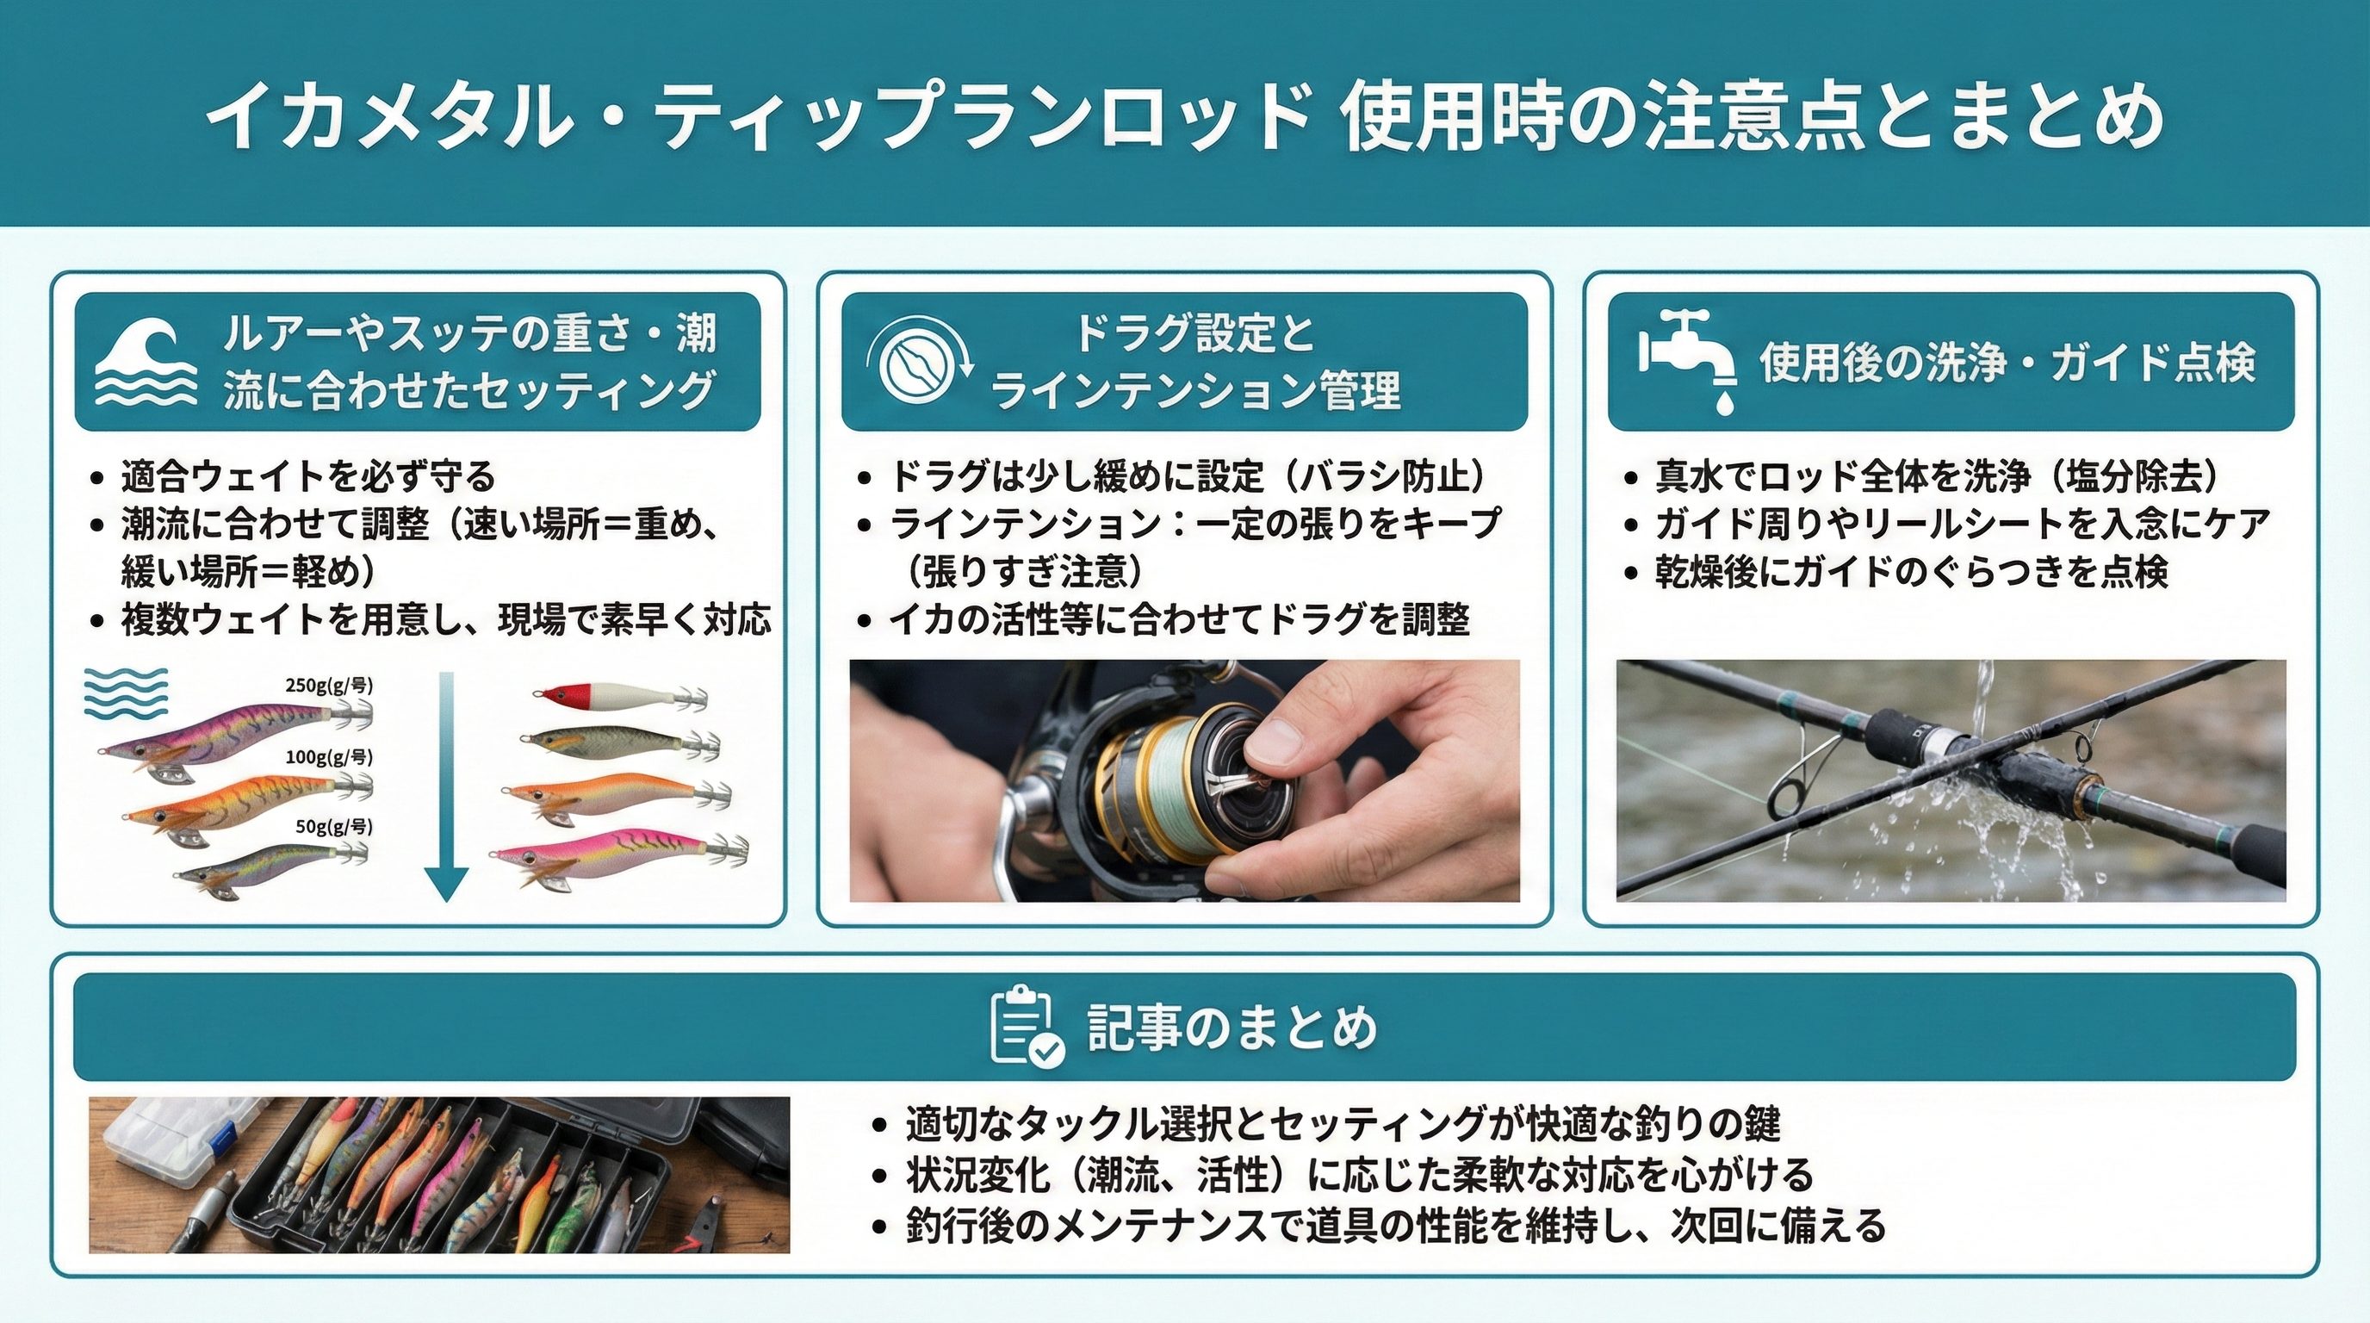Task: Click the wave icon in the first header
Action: click(146, 362)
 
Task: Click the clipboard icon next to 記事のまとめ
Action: click(1027, 1026)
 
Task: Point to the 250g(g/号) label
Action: click(328, 685)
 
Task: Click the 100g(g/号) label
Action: click(328, 757)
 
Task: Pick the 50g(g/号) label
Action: click(333, 826)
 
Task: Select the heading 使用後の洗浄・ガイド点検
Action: click(2008, 361)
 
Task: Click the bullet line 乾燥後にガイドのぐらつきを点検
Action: click(1913, 571)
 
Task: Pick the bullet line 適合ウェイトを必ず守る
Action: click(308, 475)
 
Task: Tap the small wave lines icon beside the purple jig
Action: click(126, 693)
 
